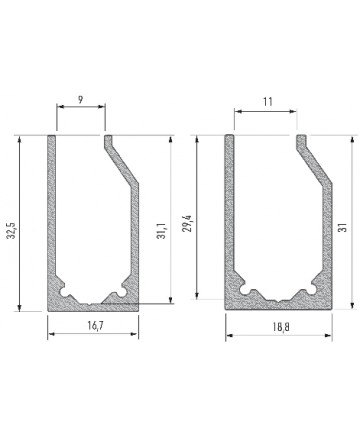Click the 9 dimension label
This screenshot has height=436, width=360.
tap(81, 100)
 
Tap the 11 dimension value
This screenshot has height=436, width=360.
tap(268, 101)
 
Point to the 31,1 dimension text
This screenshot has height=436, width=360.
tap(161, 231)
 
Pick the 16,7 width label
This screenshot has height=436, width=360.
tap(96, 326)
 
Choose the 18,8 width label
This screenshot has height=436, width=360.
tap(281, 327)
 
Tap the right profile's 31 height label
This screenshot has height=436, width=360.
tap(344, 227)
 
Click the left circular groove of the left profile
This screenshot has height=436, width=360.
tap(65, 292)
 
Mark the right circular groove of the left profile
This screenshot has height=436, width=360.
tap(122, 292)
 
